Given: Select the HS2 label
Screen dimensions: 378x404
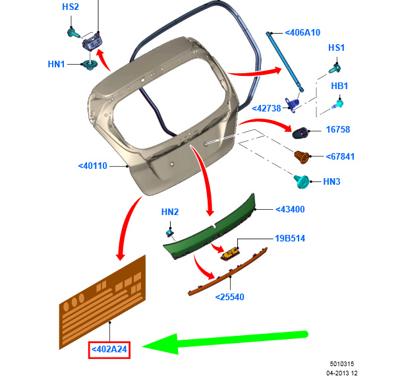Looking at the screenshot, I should [x=71, y=7].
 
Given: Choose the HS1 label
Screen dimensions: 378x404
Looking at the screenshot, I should [x=337, y=48].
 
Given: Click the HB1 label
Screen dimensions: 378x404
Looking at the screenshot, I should [x=339, y=86].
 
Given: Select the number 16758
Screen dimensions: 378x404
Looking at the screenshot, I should [x=338, y=130].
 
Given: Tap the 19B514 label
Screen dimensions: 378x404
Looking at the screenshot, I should [x=291, y=238].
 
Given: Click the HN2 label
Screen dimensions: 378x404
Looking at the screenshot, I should [x=170, y=212].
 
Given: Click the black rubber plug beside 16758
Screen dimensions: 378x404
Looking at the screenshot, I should [x=303, y=132].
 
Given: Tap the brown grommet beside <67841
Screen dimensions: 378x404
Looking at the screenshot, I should [x=303, y=158].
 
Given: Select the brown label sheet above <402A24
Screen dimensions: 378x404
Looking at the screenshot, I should [x=102, y=301].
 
